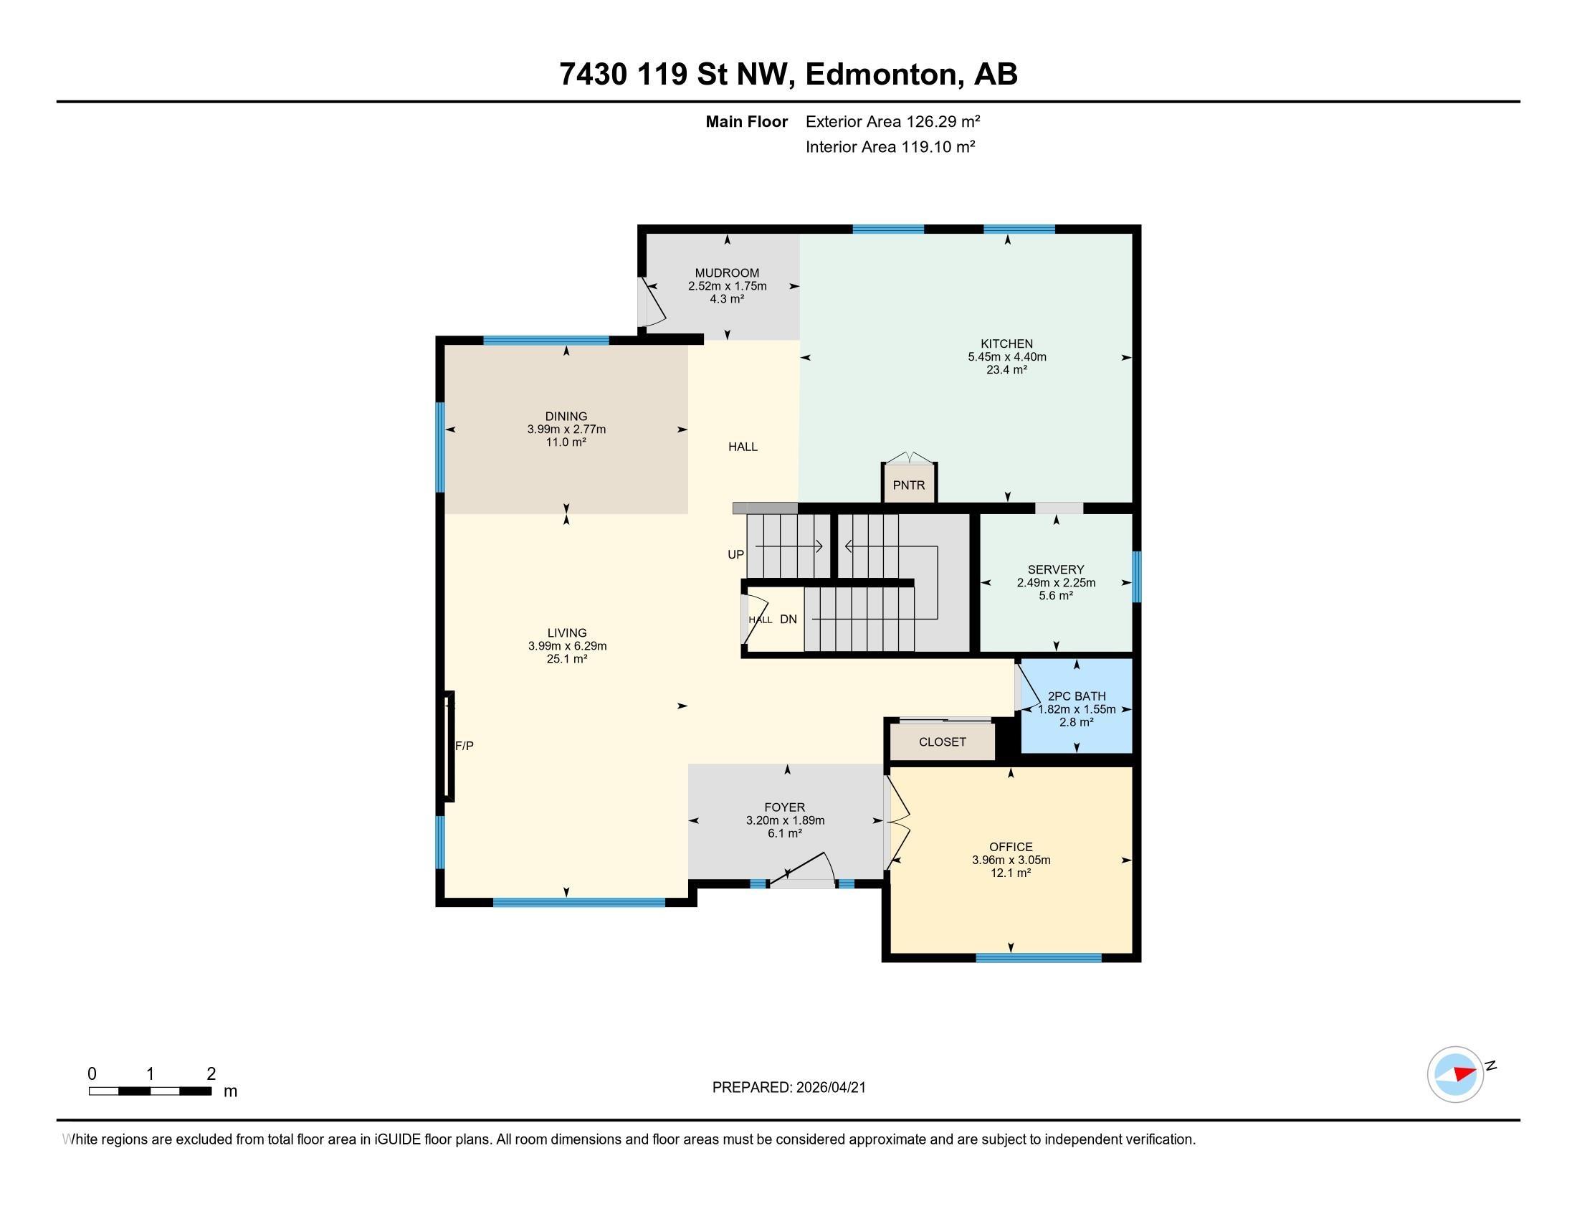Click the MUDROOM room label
(x=727, y=273)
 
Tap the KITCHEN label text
(x=1006, y=343)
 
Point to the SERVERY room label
(x=1056, y=570)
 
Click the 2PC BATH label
(x=1077, y=696)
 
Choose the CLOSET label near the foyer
(x=943, y=741)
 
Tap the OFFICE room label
(x=1011, y=847)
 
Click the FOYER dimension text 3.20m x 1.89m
(x=785, y=820)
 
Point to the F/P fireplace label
(x=464, y=746)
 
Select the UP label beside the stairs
(x=735, y=554)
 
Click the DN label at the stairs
(x=788, y=619)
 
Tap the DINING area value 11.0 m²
(x=566, y=442)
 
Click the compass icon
(x=1456, y=1074)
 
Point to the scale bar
(x=151, y=1091)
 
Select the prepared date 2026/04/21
(x=829, y=1088)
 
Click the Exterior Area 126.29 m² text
(x=892, y=121)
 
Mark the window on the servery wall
(x=1136, y=577)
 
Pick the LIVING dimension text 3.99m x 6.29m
(x=567, y=646)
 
